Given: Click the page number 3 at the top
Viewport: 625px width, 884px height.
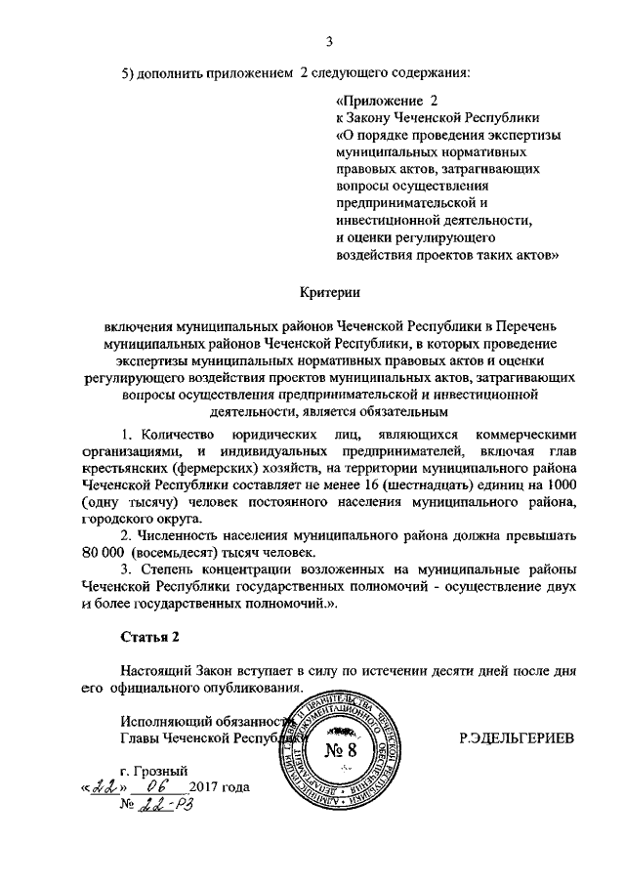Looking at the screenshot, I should [329, 41].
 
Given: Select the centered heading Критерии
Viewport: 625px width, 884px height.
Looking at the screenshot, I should [329, 290].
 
